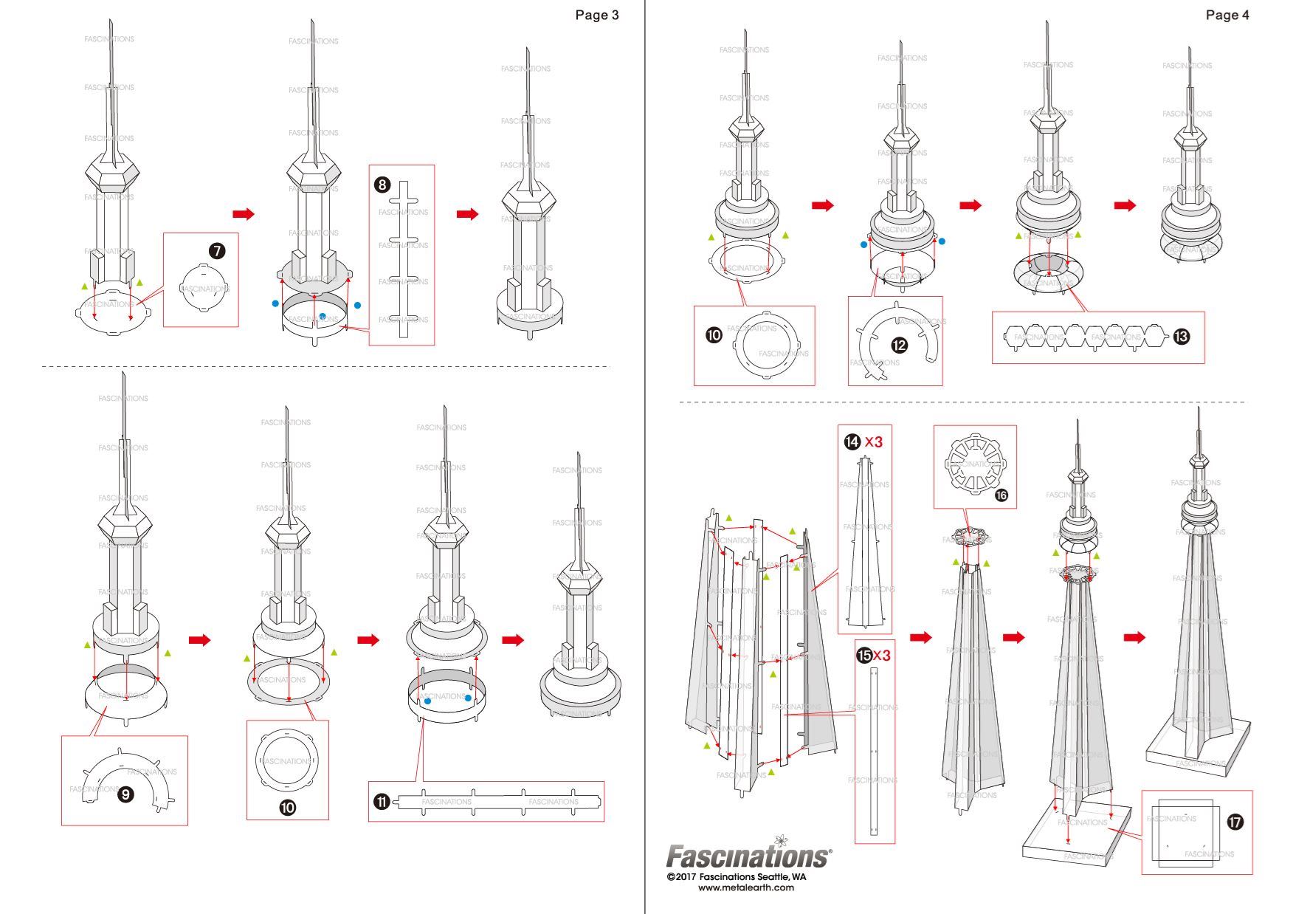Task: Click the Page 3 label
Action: pos(596,16)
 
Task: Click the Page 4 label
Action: pos(1227,16)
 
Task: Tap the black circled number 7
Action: pos(216,251)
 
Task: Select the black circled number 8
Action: pos(382,185)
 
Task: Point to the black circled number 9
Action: pos(125,794)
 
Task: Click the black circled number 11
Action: pos(381,802)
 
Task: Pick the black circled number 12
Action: pos(899,345)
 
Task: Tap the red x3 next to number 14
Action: pos(874,441)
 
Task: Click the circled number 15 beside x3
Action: pos(863,655)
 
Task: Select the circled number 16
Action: pos(1001,496)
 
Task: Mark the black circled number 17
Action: pos(1235,822)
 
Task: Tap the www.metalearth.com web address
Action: pos(746,887)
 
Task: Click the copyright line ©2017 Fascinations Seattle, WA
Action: pos(736,877)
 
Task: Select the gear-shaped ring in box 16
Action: pos(974,465)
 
